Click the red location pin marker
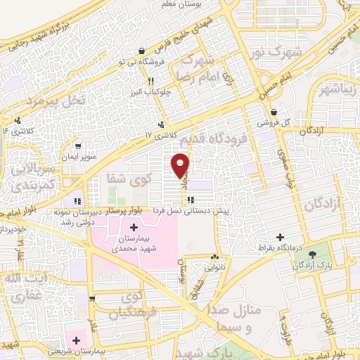click(181, 164)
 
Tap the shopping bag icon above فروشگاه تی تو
click(143, 51)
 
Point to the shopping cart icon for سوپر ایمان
click(77, 147)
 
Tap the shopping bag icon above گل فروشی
click(273, 112)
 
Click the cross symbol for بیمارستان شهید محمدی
click(134, 228)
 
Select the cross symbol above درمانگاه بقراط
click(281, 237)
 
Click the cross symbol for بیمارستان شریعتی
click(76, 340)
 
